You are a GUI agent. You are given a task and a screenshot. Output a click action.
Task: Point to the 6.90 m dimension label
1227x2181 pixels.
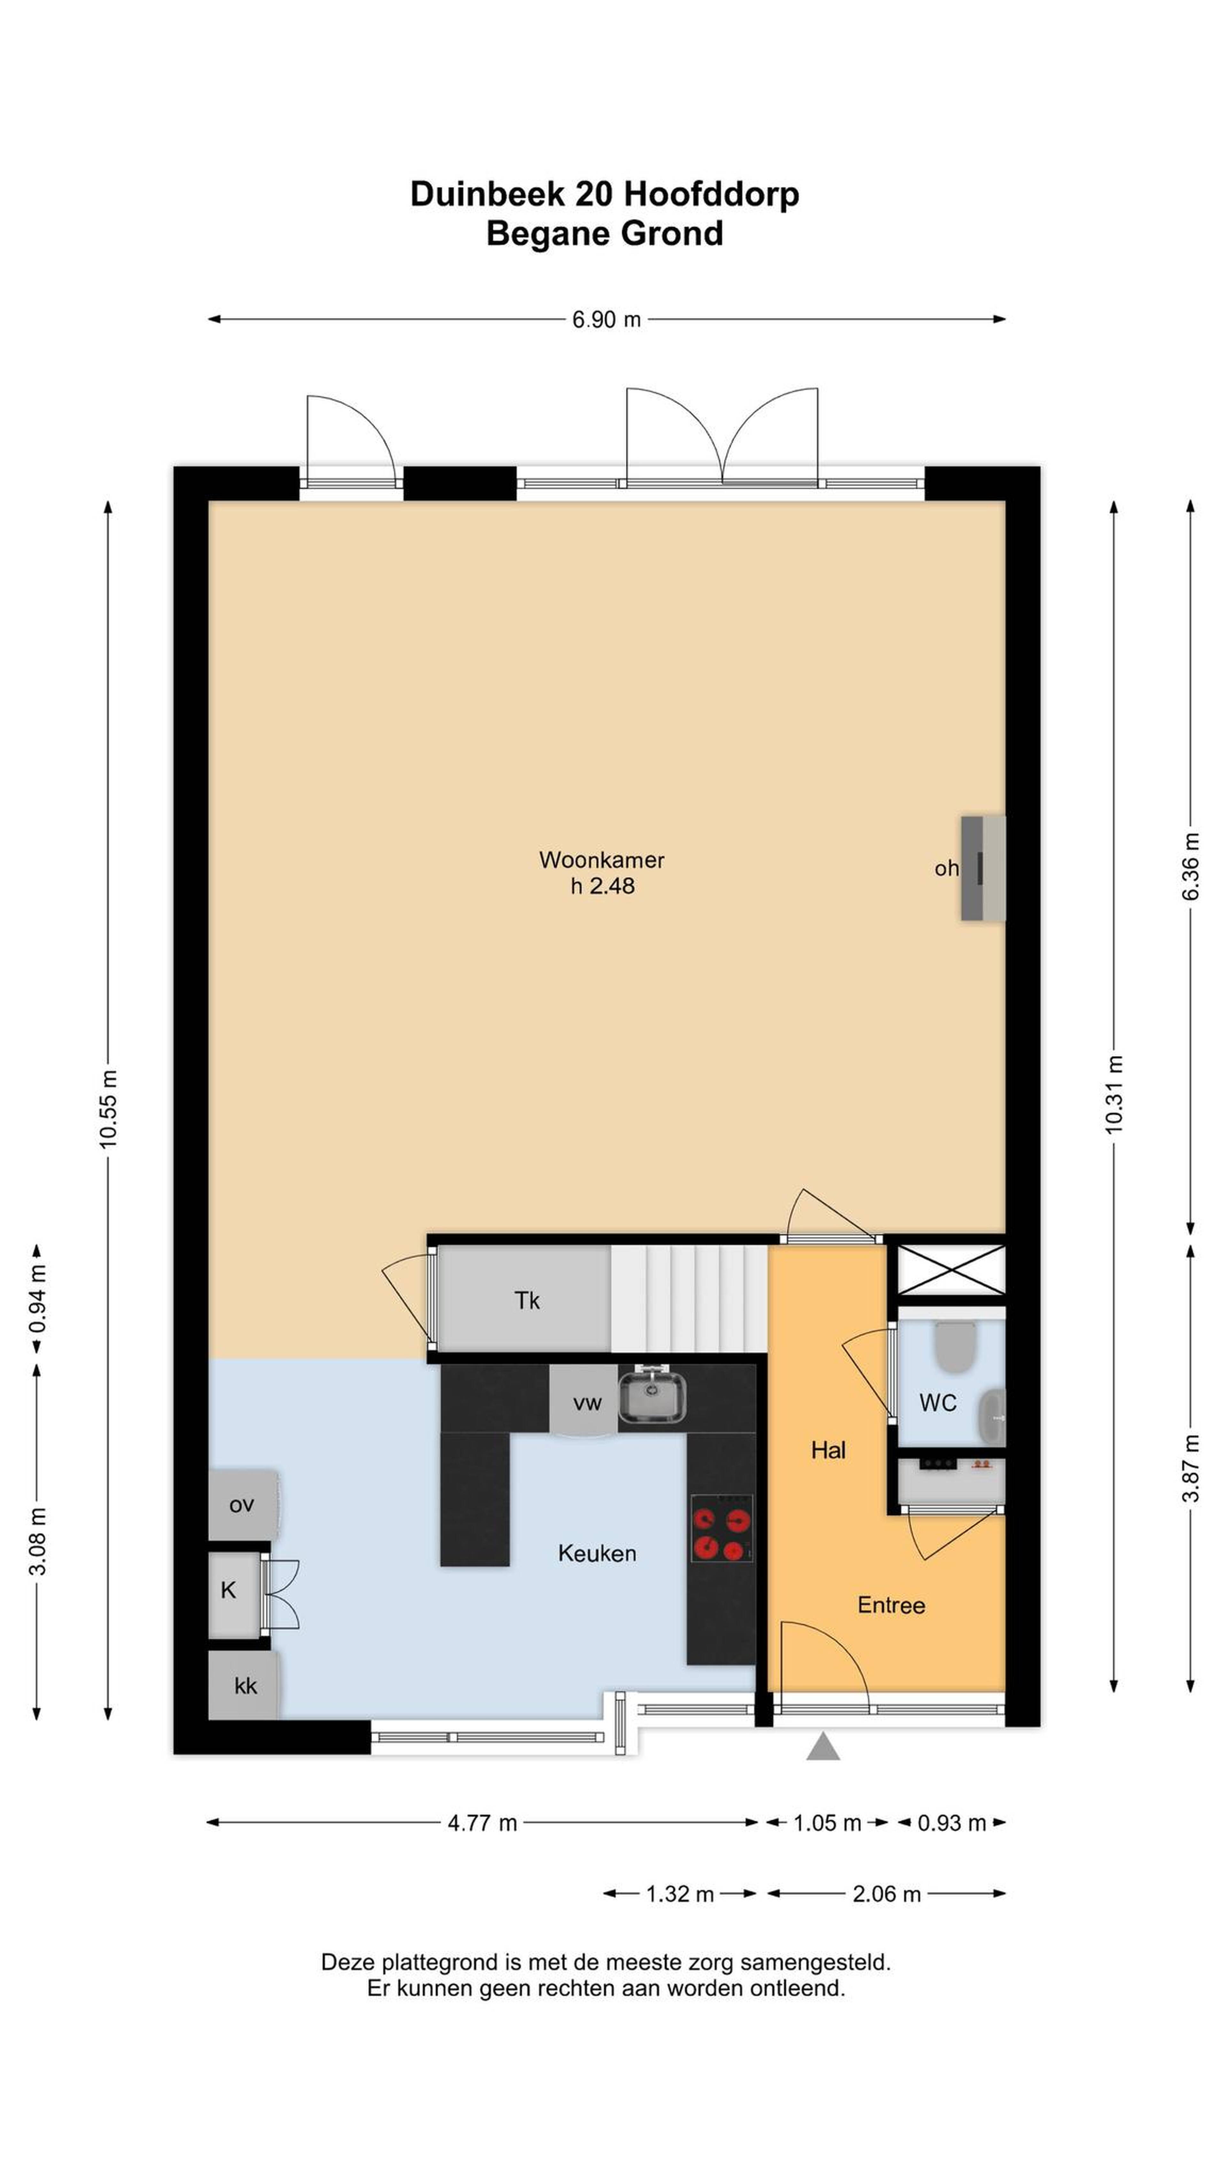coord(606,320)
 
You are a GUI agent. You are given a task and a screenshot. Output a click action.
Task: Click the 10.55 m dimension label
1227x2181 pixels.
coord(108,1109)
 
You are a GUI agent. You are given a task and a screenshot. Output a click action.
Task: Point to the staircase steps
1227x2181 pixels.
coord(689,1298)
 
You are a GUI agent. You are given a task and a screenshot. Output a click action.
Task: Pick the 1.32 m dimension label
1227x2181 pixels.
coord(679,1894)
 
